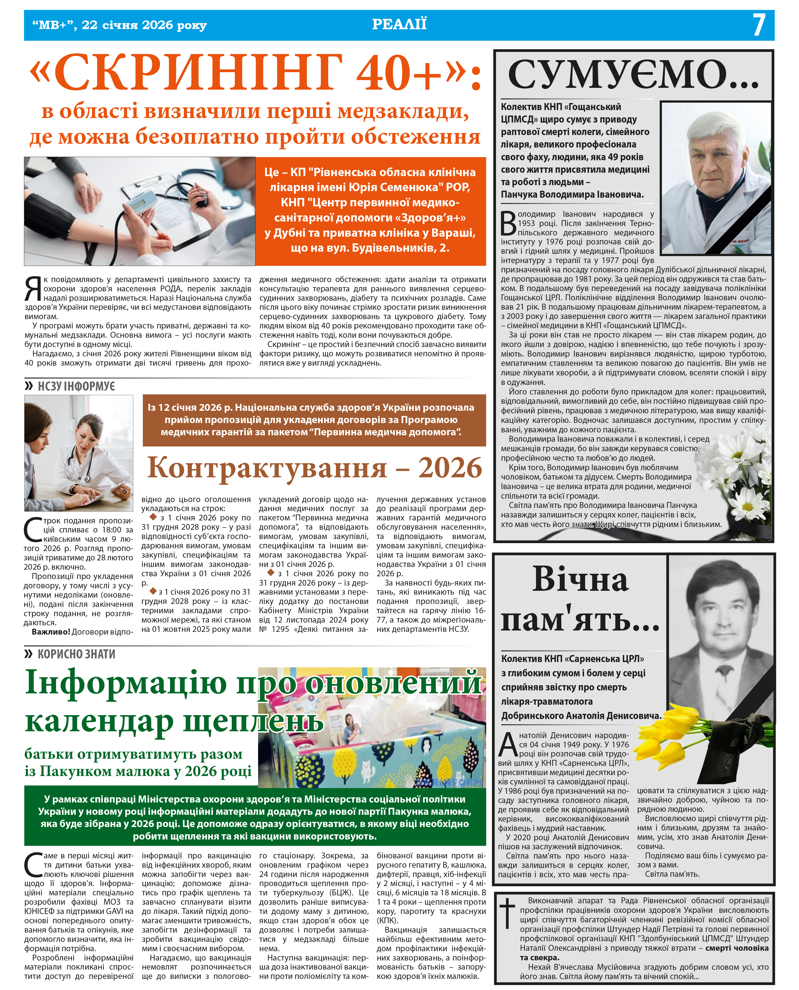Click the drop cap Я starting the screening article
click(33, 288)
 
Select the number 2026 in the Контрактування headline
click(450, 468)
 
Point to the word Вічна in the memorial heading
click(580, 579)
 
